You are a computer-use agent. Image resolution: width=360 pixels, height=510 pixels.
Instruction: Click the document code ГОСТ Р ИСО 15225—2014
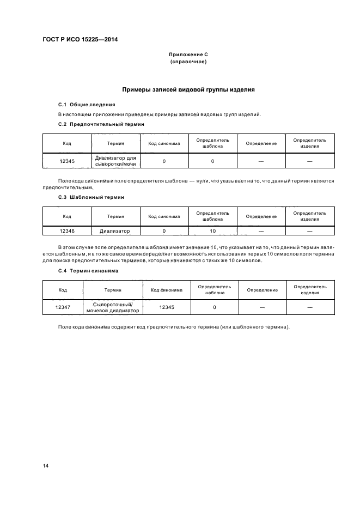click(x=81, y=40)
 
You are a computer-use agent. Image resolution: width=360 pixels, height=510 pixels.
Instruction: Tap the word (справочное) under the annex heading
click(x=188, y=62)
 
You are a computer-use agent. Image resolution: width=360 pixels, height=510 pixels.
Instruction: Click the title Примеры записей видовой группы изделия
click(x=188, y=89)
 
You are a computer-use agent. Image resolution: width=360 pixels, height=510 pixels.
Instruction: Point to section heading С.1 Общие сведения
click(x=87, y=104)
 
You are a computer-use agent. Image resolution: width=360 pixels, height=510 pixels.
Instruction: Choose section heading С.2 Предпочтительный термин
click(x=101, y=124)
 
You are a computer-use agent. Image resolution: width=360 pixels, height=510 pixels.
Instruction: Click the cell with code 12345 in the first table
click(x=67, y=161)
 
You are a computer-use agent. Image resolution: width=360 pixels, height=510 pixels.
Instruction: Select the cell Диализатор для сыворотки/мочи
click(x=115, y=161)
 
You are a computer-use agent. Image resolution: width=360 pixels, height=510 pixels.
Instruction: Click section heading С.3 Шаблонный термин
click(x=91, y=197)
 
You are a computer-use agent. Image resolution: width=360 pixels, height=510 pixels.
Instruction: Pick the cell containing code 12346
click(x=67, y=231)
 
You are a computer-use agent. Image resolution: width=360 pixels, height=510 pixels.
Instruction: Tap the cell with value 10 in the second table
click(x=212, y=231)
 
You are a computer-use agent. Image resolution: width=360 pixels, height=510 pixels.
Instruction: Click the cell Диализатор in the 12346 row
click(x=115, y=231)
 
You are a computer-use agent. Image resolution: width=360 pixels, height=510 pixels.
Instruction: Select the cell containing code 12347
click(x=63, y=307)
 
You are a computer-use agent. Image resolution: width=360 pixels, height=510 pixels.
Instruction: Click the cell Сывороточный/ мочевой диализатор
click(x=113, y=307)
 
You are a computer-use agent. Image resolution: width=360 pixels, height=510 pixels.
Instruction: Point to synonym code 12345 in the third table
click(x=167, y=307)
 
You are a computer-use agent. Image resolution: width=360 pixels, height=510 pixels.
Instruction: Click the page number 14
click(x=46, y=466)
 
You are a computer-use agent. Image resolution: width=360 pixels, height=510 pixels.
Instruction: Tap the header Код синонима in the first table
click(x=164, y=143)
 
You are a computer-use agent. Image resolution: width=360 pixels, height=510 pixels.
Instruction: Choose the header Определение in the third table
click(x=262, y=290)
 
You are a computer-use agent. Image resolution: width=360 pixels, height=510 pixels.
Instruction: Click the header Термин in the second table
click(x=115, y=216)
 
